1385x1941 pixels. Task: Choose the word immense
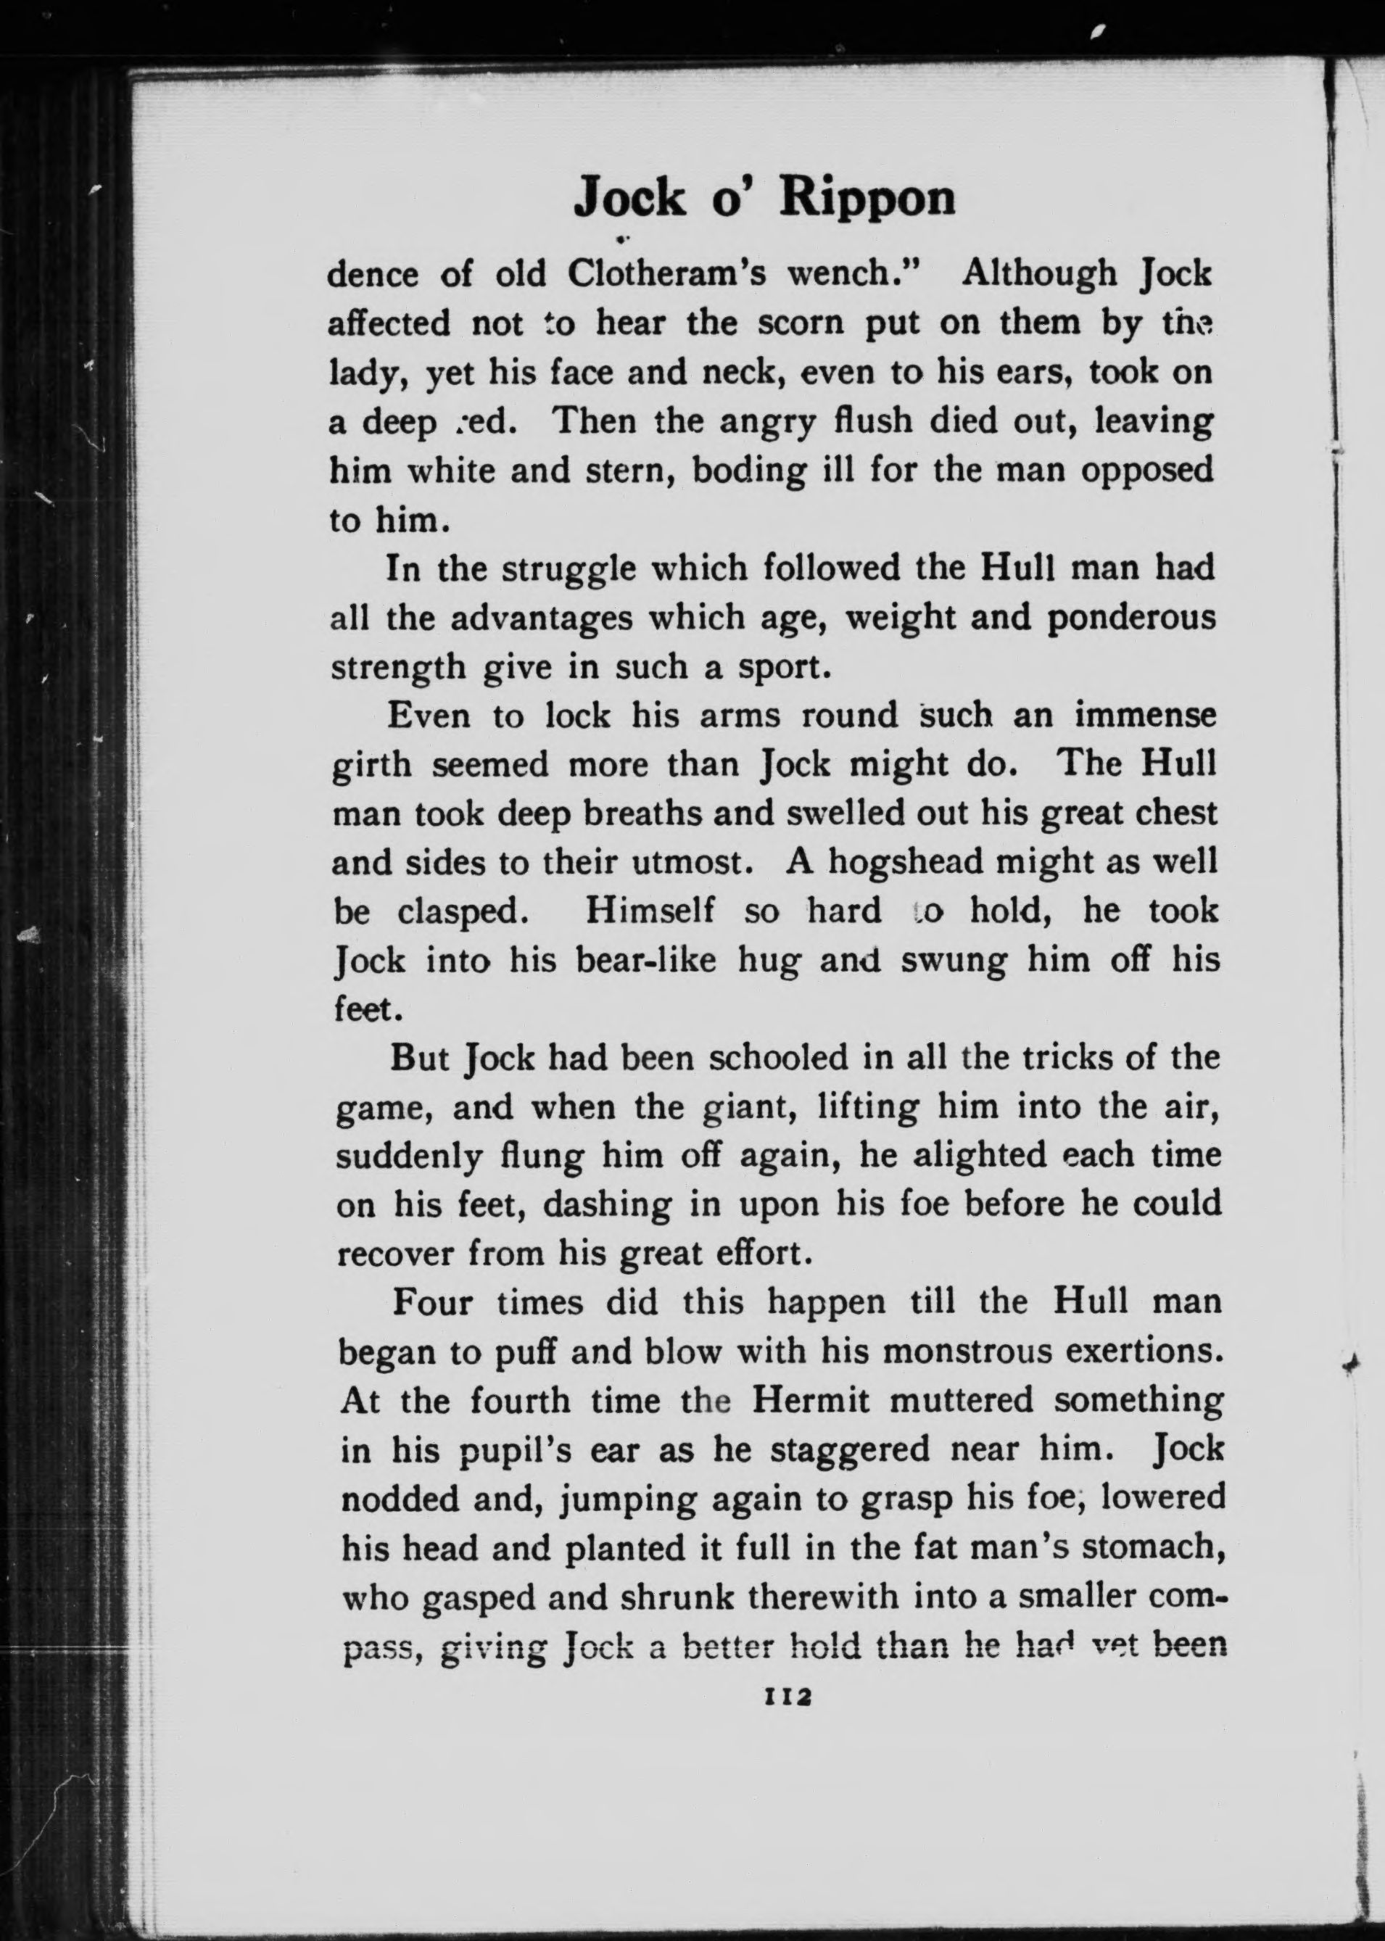[1144, 716]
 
